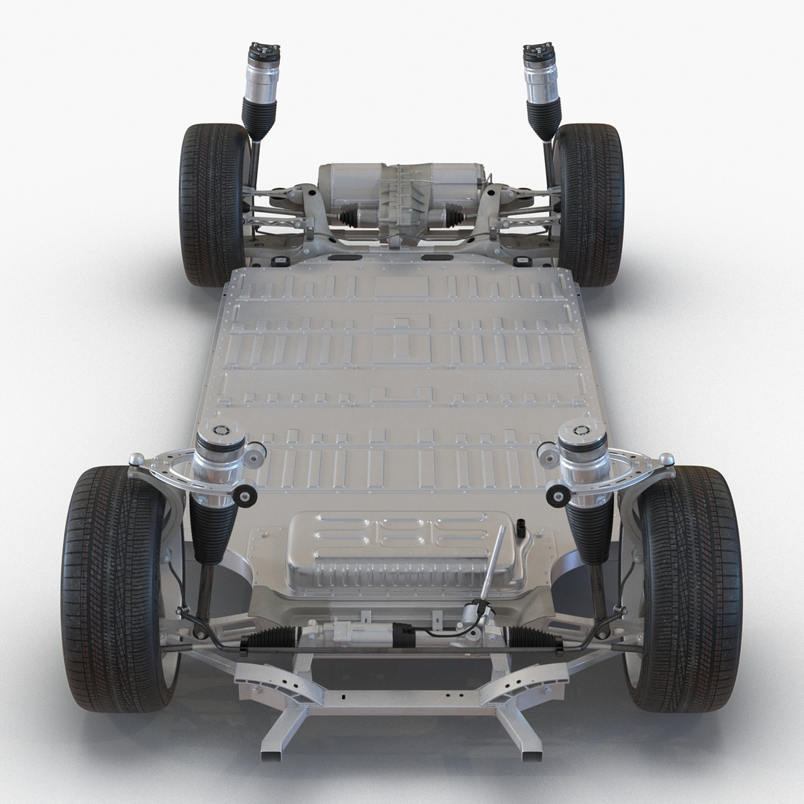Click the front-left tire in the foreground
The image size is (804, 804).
[x=112, y=588]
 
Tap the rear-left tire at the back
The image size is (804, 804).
[x=212, y=205]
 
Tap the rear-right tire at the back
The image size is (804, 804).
[x=592, y=205]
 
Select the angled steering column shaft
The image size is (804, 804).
[x=491, y=566]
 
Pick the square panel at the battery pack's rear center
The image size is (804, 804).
[x=401, y=287]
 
